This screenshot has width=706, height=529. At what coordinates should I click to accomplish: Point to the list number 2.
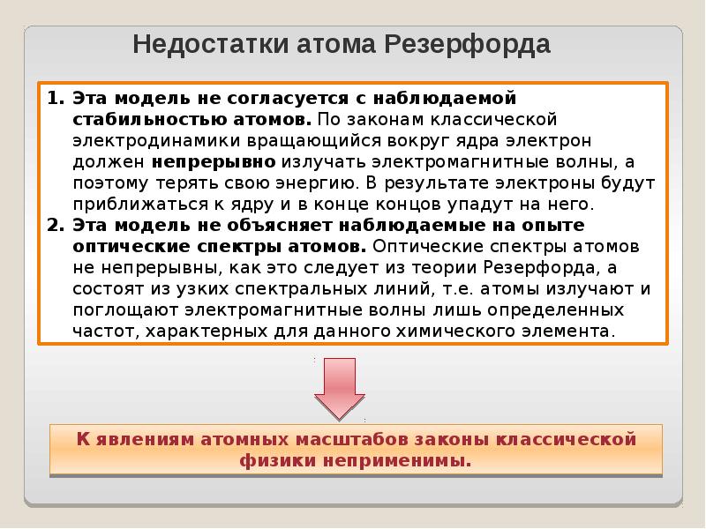pyautogui.click(x=53, y=225)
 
